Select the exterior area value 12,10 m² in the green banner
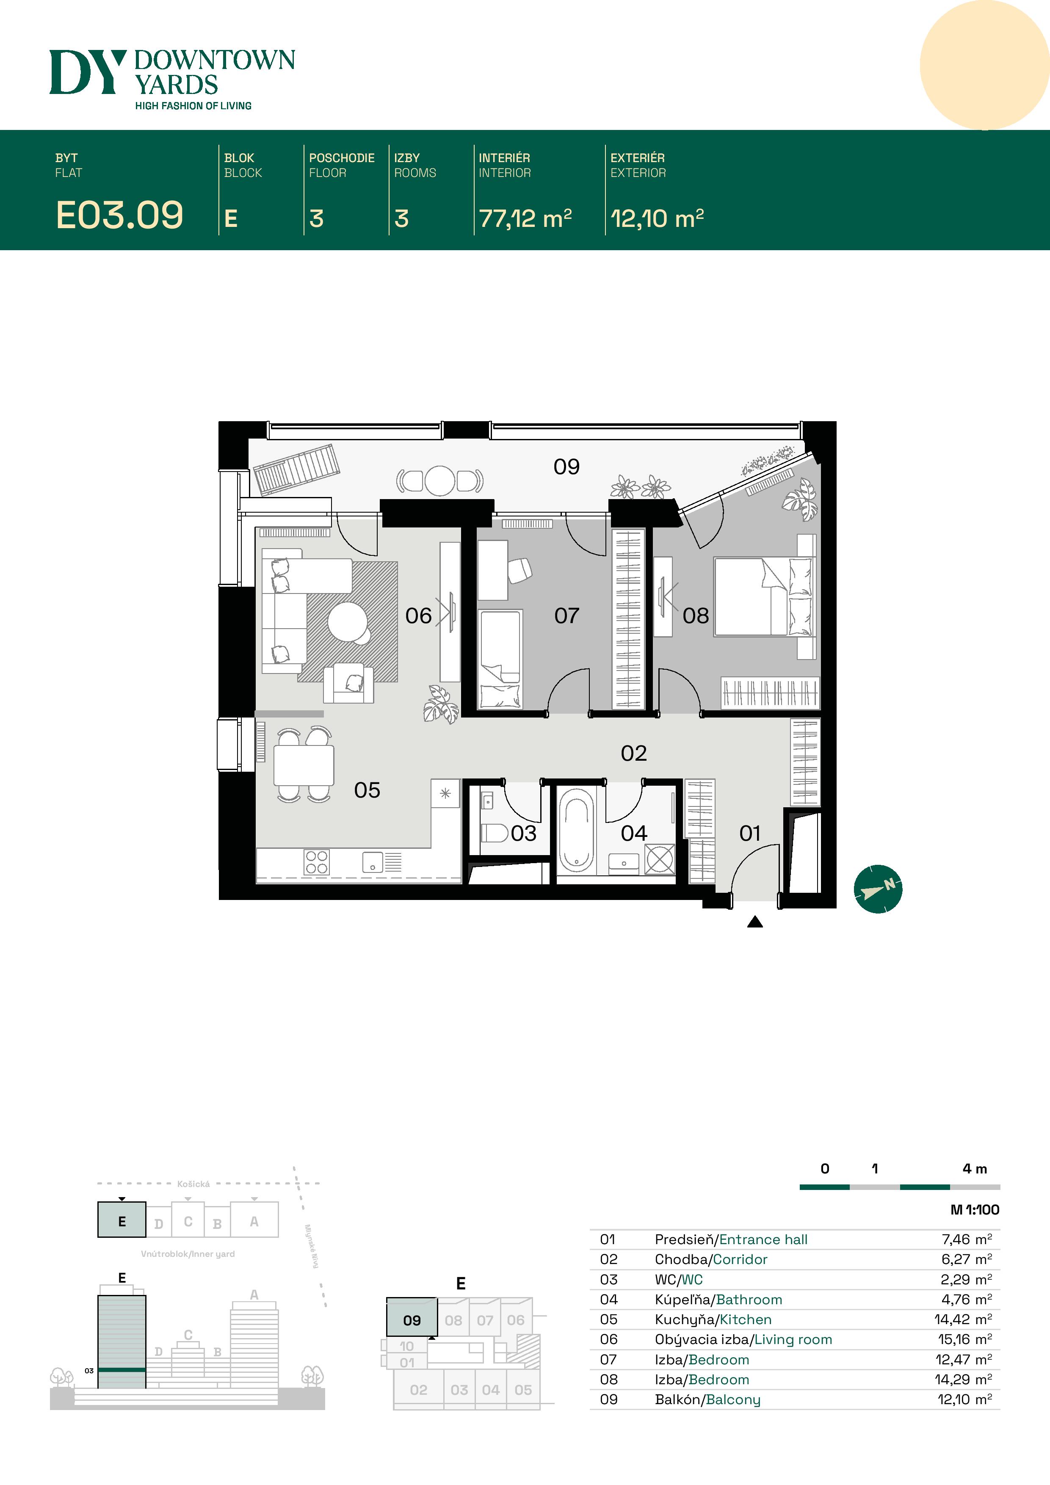(x=657, y=218)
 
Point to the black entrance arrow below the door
(x=755, y=922)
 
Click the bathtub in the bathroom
(x=576, y=831)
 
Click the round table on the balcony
(x=440, y=480)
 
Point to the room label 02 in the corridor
(x=634, y=753)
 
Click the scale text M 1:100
(x=975, y=1209)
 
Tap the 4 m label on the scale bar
(x=975, y=1169)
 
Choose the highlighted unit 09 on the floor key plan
(x=412, y=1317)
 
